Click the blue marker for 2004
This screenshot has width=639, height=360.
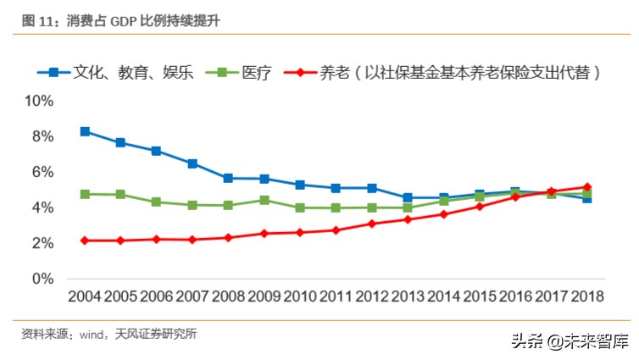[85, 131]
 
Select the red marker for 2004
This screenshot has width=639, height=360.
[85, 241]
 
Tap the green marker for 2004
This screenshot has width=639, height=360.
[85, 194]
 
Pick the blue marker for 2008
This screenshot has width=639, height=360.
[228, 179]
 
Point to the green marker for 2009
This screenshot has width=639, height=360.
[264, 200]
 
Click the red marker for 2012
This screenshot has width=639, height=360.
[372, 224]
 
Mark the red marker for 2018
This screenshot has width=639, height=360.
[586, 187]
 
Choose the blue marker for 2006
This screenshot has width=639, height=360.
[157, 151]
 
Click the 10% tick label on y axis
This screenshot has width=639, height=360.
[38, 101]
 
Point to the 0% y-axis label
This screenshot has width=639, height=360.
[42, 279]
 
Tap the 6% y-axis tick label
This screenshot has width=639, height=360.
[42, 172]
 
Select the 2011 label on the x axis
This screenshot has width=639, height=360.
[336, 297]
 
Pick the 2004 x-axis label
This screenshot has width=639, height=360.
[85, 297]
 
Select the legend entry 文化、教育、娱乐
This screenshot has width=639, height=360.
[135, 73]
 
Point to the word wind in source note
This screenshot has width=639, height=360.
[91, 334]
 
